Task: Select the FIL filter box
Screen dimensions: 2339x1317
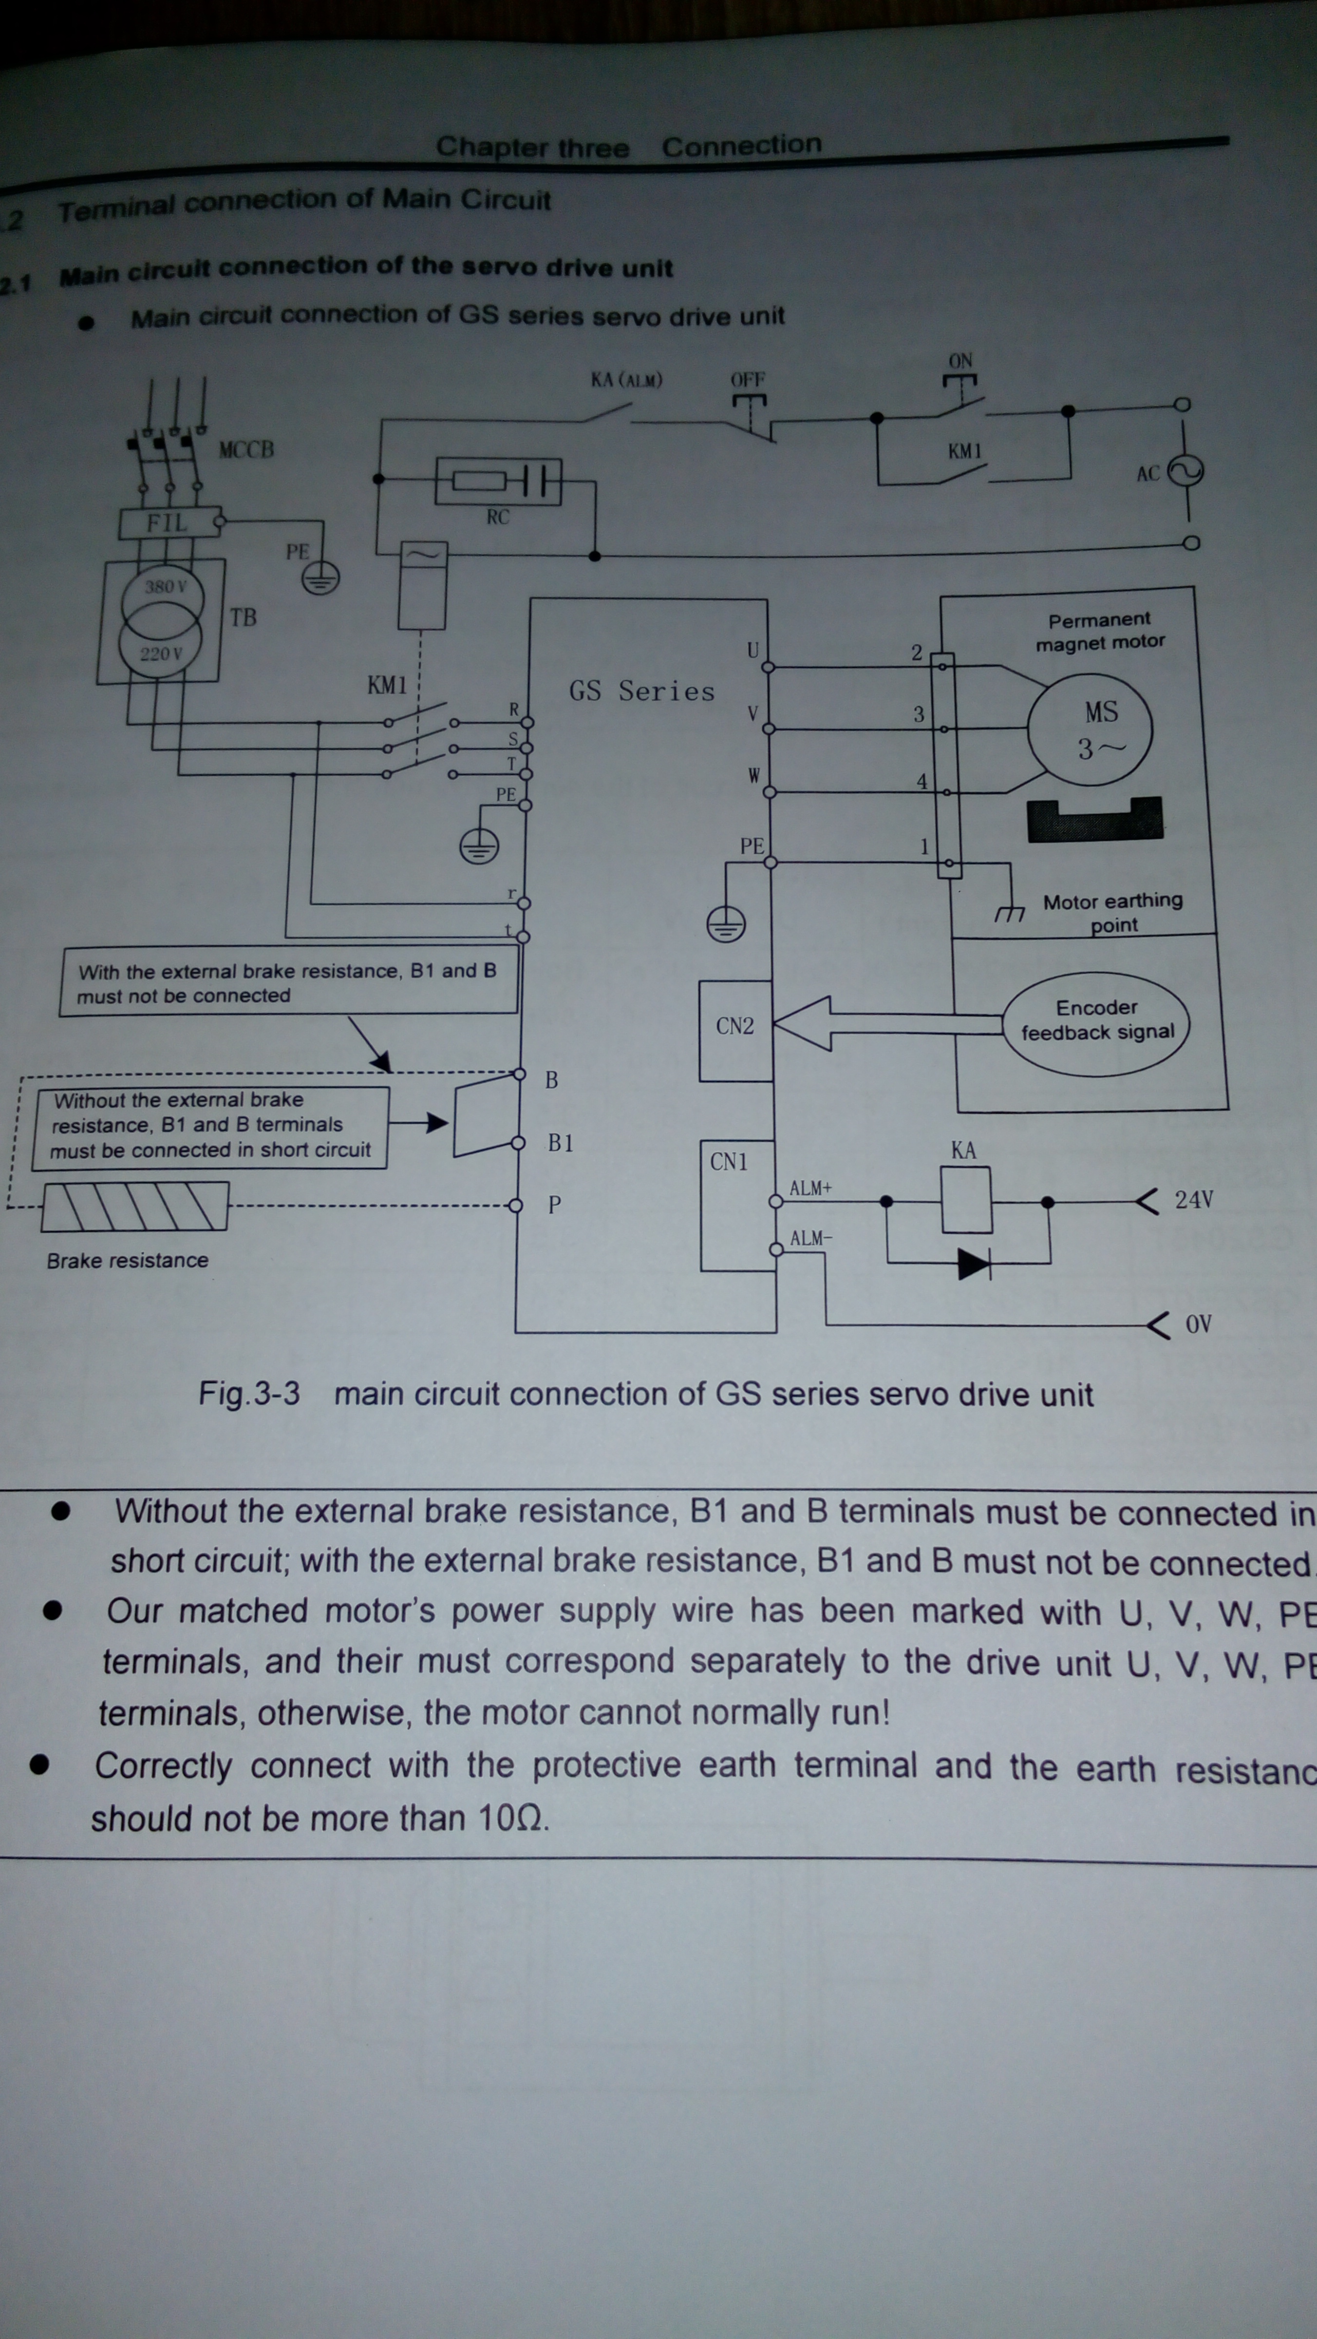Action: pyautogui.click(x=169, y=523)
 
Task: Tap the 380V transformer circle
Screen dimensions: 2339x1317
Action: pyautogui.click(x=163, y=594)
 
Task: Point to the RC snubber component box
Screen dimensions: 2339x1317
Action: pyautogui.click(x=497, y=480)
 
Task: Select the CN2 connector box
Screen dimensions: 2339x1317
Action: pyautogui.click(x=735, y=1030)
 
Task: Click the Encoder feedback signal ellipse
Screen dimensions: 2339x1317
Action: pyautogui.click(x=1095, y=1022)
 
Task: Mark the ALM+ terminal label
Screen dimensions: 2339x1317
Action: pyautogui.click(x=810, y=1188)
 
